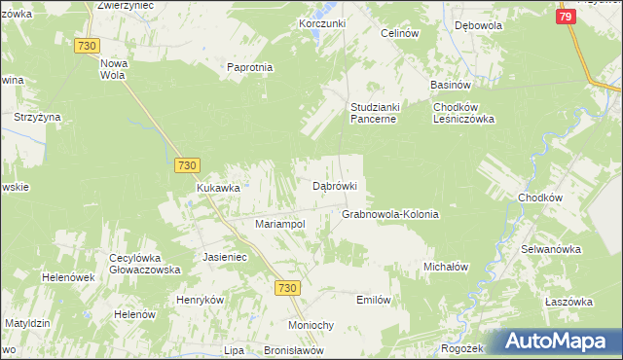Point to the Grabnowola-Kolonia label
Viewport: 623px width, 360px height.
pyautogui.click(x=390, y=214)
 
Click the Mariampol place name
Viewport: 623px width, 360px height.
pyautogui.click(x=280, y=224)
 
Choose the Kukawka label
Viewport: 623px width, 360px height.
pyautogui.click(x=218, y=188)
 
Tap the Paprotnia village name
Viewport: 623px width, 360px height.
pyautogui.click(x=249, y=68)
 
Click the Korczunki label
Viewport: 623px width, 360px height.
pyautogui.click(x=323, y=23)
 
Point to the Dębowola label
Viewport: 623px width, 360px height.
pyautogui.click(x=477, y=26)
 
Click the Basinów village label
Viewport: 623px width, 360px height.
pyautogui.click(x=452, y=85)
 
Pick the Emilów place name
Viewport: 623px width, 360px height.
pyautogui.click(x=374, y=300)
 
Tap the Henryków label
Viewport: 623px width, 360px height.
pyautogui.click(x=201, y=299)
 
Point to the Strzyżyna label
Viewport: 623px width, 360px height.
pyautogui.click(x=37, y=117)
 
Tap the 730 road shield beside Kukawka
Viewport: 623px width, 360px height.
pyautogui.click(x=188, y=166)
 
